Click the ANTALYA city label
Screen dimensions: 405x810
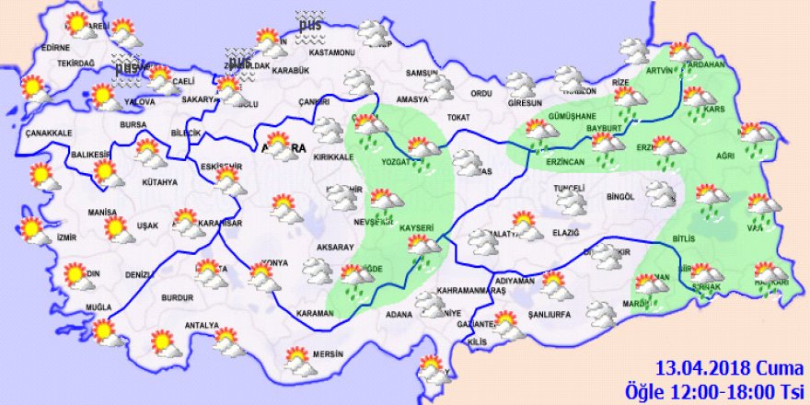point(202,326)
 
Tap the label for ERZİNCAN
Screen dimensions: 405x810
point(550,161)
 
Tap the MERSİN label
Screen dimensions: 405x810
point(326,353)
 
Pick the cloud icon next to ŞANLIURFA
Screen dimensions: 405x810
point(600,316)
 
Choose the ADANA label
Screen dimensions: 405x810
point(399,315)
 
